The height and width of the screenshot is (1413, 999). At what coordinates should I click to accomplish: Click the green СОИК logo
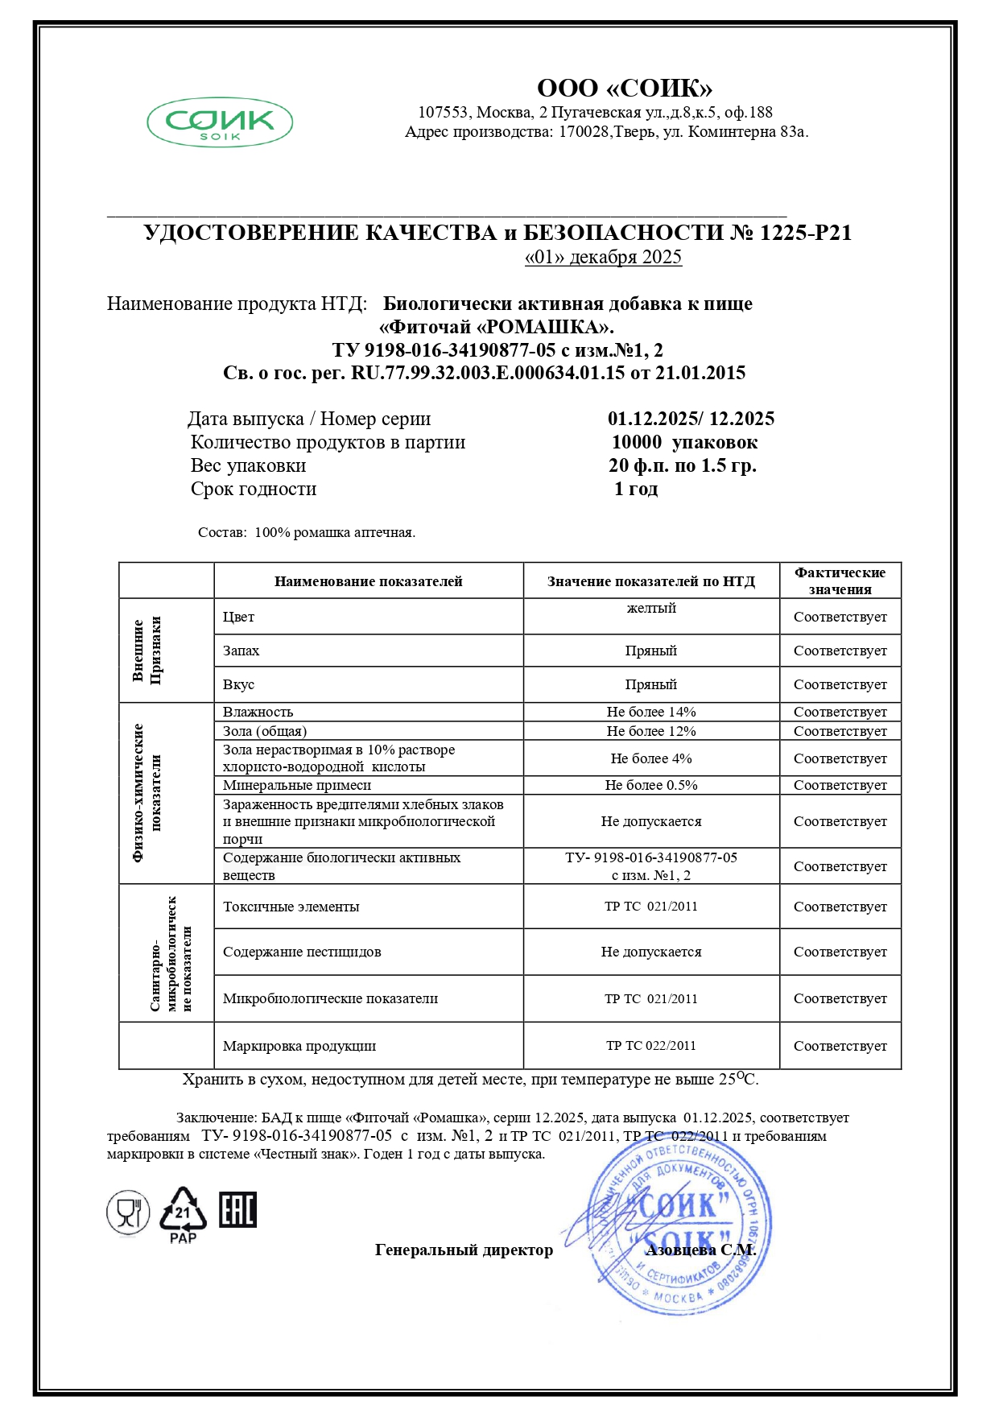point(219,123)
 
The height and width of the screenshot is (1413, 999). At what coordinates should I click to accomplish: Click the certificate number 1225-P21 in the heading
point(806,233)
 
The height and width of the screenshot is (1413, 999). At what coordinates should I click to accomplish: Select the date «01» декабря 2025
point(603,257)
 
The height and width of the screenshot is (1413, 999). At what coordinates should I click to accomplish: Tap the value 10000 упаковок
point(684,442)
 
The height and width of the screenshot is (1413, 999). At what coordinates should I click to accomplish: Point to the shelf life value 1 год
point(636,489)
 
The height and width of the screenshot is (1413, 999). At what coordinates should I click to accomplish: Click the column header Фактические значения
point(840,580)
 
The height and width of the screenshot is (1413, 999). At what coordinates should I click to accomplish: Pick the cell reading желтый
point(651,608)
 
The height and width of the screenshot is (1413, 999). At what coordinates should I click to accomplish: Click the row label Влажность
point(258,712)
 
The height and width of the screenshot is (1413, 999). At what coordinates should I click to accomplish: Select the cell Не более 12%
point(651,731)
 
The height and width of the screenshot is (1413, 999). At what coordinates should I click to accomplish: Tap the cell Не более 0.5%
point(651,785)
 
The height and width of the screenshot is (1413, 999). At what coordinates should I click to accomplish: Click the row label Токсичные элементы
point(291,907)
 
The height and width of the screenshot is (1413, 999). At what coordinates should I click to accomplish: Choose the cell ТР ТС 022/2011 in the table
point(651,1045)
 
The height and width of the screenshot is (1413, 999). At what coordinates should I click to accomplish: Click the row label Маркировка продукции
point(299,1046)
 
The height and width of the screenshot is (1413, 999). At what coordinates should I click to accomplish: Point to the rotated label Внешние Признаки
point(147,650)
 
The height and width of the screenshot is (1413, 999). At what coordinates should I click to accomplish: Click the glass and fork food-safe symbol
point(128,1212)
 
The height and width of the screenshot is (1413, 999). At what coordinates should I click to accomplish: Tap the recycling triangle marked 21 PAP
point(183,1214)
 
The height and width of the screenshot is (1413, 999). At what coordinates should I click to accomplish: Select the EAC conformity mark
point(238,1210)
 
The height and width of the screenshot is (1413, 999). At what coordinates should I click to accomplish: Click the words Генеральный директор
point(464,1250)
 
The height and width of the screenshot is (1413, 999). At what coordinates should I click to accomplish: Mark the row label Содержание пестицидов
point(302,952)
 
